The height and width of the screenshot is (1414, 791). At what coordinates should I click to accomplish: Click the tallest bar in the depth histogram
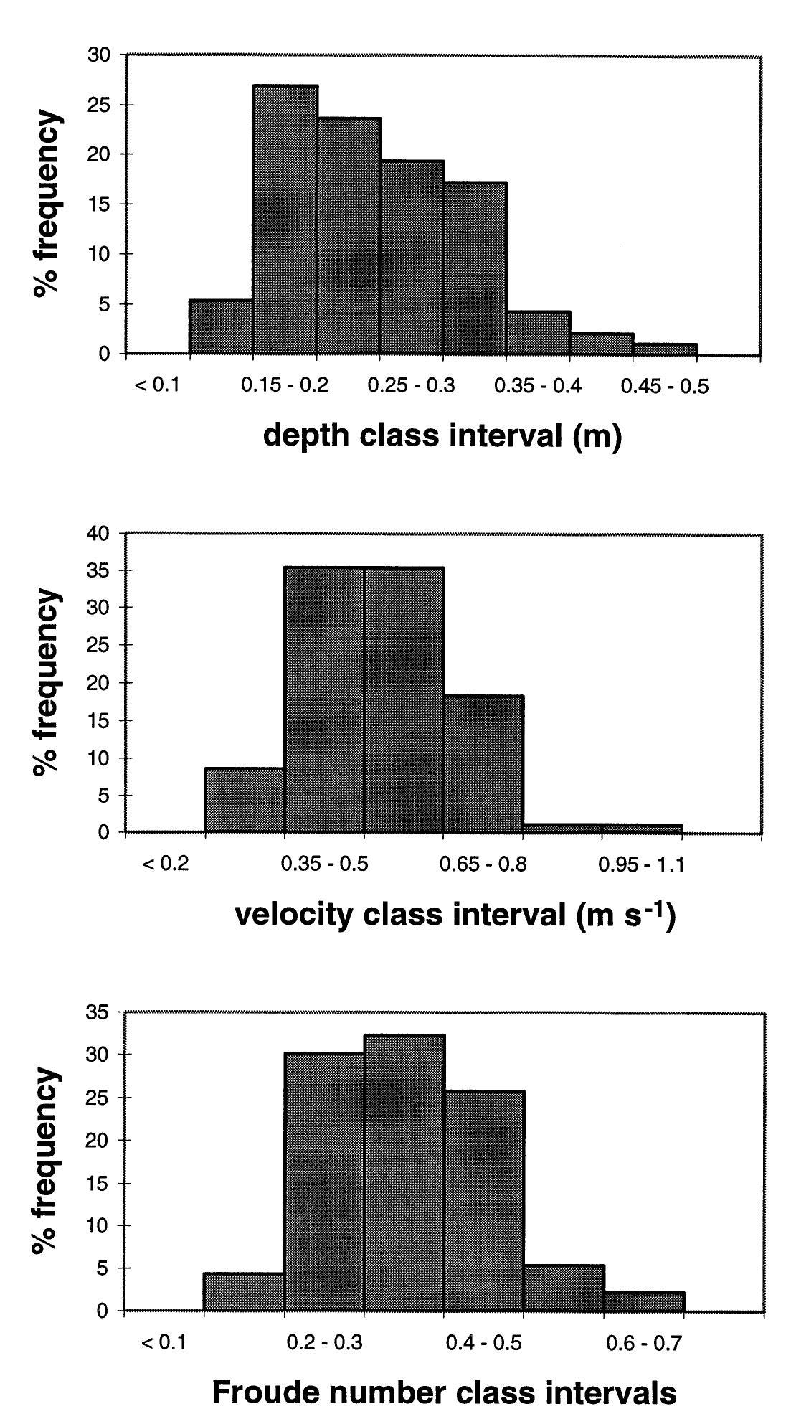pyautogui.click(x=285, y=219)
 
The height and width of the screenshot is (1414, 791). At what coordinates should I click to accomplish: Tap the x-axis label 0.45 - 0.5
pyautogui.click(x=664, y=387)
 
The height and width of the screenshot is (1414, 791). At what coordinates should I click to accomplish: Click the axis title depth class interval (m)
pyautogui.click(x=442, y=435)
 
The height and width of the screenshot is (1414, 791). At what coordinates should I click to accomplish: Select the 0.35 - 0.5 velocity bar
pyautogui.click(x=324, y=699)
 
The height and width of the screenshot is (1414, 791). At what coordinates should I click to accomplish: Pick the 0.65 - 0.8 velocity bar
pyautogui.click(x=483, y=764)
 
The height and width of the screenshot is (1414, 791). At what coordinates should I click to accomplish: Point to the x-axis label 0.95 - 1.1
pyautogui.click(x=641, y=864)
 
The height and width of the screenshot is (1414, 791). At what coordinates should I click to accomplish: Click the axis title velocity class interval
pyautogui.click(x=455, y=915)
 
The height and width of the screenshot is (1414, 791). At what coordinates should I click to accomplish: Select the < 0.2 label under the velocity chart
pyautogui.click(x=166, y=864)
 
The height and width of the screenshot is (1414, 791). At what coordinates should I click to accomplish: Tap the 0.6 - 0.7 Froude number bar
pyautogui.click(x=644, y=1301)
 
